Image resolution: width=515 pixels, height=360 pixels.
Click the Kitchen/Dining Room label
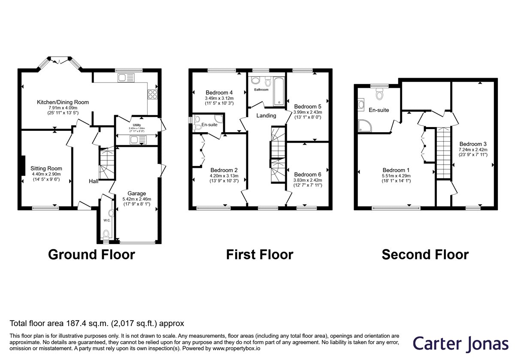pyautogui.click(x=63, y=102)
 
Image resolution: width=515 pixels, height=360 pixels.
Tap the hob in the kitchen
pyautogui.click(x=153, y=94)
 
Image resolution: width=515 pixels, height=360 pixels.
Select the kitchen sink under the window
pyautogui.click(x=126, y=78)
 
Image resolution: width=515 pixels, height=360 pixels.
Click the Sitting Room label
pyautogui.click(x=46, y=168)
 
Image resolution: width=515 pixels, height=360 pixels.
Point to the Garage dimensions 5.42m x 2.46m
pyautogui.click(x=137, y=199)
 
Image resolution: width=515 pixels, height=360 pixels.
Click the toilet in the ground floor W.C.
pyautogui.click(x=106, y=234)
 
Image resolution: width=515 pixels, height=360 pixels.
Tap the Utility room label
pyautogui.click(x=137, y=125)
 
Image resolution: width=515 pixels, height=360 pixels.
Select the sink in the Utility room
pyautogui.click(x=138, y=139)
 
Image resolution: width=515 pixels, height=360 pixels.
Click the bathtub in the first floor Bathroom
pyautogui.click(x=279, y=91)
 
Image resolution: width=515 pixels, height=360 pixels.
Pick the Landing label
pyautogui.click(x=266, y=115)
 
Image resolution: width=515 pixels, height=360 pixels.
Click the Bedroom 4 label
pyautogui.click(x=219, y=92)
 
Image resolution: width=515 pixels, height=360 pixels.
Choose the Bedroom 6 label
pyautogui.click(x=308, y=175)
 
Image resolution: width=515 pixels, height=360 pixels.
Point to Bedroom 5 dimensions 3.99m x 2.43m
pyautogui.click(x=308, y=112)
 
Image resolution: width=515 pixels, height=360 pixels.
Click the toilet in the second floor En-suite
pyautogui.click(x=379, y=94)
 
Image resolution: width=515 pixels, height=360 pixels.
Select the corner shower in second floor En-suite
pyautogui.click(x=365, y=126)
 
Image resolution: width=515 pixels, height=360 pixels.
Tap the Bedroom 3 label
pyautogui.click(x=473, y=144)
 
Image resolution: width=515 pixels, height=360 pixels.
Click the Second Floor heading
pyautogui.click(x=425, y=254)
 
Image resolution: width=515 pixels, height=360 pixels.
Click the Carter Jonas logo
pyautogui.click(x=460, y=344)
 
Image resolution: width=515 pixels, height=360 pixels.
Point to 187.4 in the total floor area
pyautogui.click(x=76, y=324)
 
